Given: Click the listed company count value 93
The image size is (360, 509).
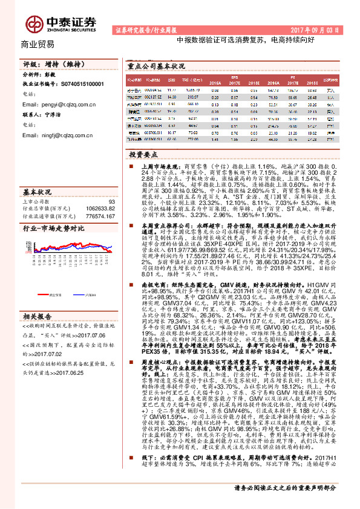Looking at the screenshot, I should pyautogui.click(x=111, y=202).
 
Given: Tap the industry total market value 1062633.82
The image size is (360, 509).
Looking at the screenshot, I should pyautogui.click(x=100, y=209).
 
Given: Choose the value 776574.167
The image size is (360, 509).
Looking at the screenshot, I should pyautogui.click(x=100, y=215).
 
